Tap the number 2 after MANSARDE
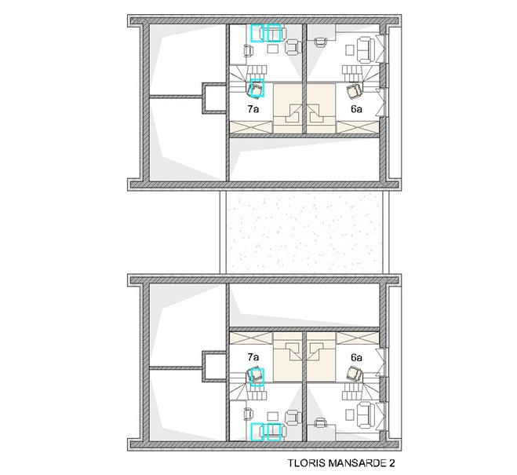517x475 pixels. pyautogui.click(x=391, y=462)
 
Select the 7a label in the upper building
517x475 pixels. pyautogui.click(x=253, y=109)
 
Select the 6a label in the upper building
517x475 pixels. pyautogui.click(x=356, y=109)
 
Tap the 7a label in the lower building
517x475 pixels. pyautogui.click(x=253, y=357)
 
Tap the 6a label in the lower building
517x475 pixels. pyautogui.click(x=356, y=357)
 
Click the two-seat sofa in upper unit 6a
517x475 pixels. pyautogui.click(x=366, y=49)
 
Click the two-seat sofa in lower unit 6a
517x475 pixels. pyautogui.click(x=366, y=416)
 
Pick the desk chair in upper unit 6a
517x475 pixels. pyautogui.click(x=320, y=42)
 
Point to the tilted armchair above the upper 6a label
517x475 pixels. pyautogui.click(x=354, y=91)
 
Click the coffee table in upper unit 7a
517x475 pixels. pyautogui.click(x=273, y=49)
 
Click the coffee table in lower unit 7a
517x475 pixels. pyautogui.click(x=273, y=416)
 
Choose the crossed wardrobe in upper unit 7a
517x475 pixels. pyautogui.click(x=251, y=127)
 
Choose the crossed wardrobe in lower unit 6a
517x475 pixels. pyautogui.click(x=358, y=338)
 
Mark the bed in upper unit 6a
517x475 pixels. pyautogui.click(x=322, y=108)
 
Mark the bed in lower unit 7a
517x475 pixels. pyautogui.click(x=287, y=357)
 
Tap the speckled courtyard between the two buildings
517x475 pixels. pyautogui.click(x=304, y=232)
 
